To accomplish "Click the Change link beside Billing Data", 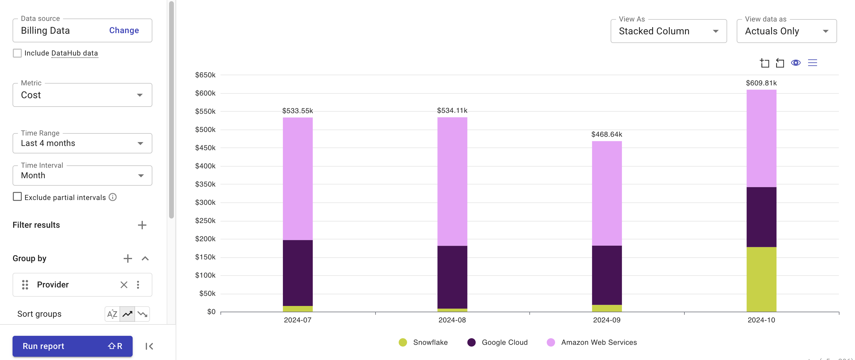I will (124, 30).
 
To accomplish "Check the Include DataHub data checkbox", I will (17, 53).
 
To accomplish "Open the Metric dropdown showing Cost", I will (82, 95).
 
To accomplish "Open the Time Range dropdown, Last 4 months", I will (82, 143).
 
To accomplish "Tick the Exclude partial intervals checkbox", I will (17, 197).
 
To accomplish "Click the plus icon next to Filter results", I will (142, 225).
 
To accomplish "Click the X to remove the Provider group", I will (124, 285).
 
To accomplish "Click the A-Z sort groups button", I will (112, 314).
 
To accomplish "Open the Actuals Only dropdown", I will (786, 31).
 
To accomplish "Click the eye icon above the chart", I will (796, 63).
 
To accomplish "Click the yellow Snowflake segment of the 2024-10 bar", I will (761, 279).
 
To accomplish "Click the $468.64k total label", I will (606, 134).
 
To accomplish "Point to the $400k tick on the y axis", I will (205, 166).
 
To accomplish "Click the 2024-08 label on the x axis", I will (452, 320).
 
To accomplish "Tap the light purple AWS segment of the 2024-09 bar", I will (606, 193).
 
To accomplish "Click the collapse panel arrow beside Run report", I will (149, 346).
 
